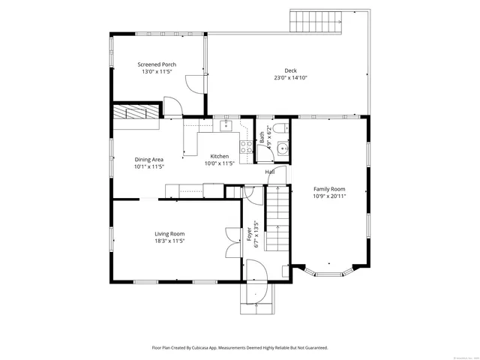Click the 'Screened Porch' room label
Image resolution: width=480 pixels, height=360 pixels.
[157, 64]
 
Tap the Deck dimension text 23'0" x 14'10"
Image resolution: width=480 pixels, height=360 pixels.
[290, 77]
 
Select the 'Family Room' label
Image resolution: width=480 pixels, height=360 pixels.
[329, 189]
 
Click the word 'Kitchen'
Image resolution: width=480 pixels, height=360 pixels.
[220, 156]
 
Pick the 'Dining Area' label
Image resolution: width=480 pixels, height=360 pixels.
[149, 159]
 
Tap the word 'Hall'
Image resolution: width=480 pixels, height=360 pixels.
[270, 172]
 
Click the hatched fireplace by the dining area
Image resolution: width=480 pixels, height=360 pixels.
[136, 112]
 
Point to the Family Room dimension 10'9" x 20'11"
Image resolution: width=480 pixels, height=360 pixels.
[329, 196]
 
